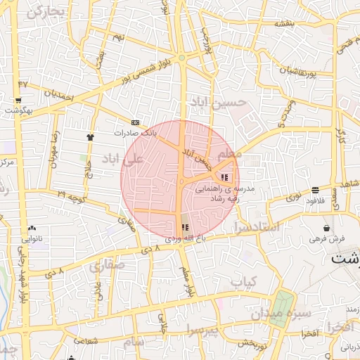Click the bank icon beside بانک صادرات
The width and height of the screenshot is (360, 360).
136,122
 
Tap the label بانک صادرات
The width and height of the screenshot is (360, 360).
136,131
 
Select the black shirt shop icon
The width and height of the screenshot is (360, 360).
89,136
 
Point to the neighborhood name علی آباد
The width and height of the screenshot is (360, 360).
122,159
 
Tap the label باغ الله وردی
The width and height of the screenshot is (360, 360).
184,238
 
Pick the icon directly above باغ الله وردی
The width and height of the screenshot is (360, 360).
185,227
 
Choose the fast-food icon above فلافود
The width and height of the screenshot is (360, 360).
314,190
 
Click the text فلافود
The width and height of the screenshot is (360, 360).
314,200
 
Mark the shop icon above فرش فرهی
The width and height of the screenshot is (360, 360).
327,228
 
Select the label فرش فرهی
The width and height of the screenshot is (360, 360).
328,238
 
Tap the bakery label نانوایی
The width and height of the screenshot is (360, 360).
32,239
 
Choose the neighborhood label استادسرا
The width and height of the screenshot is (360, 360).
255,228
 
